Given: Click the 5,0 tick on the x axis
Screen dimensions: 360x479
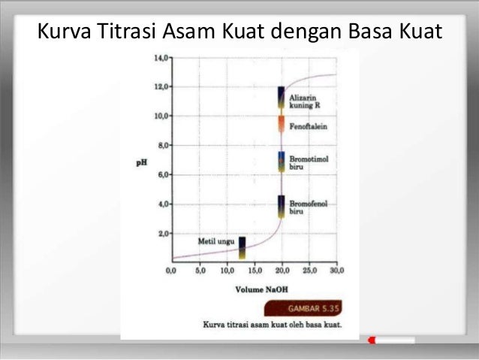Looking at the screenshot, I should [x=200, y=269].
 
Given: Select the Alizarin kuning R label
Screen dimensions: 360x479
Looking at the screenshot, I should [x=306, y=102].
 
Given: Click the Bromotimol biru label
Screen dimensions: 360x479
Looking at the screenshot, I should [x=309, y=163].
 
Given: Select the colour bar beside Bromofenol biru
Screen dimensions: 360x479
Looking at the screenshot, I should [x=281, y=207].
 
